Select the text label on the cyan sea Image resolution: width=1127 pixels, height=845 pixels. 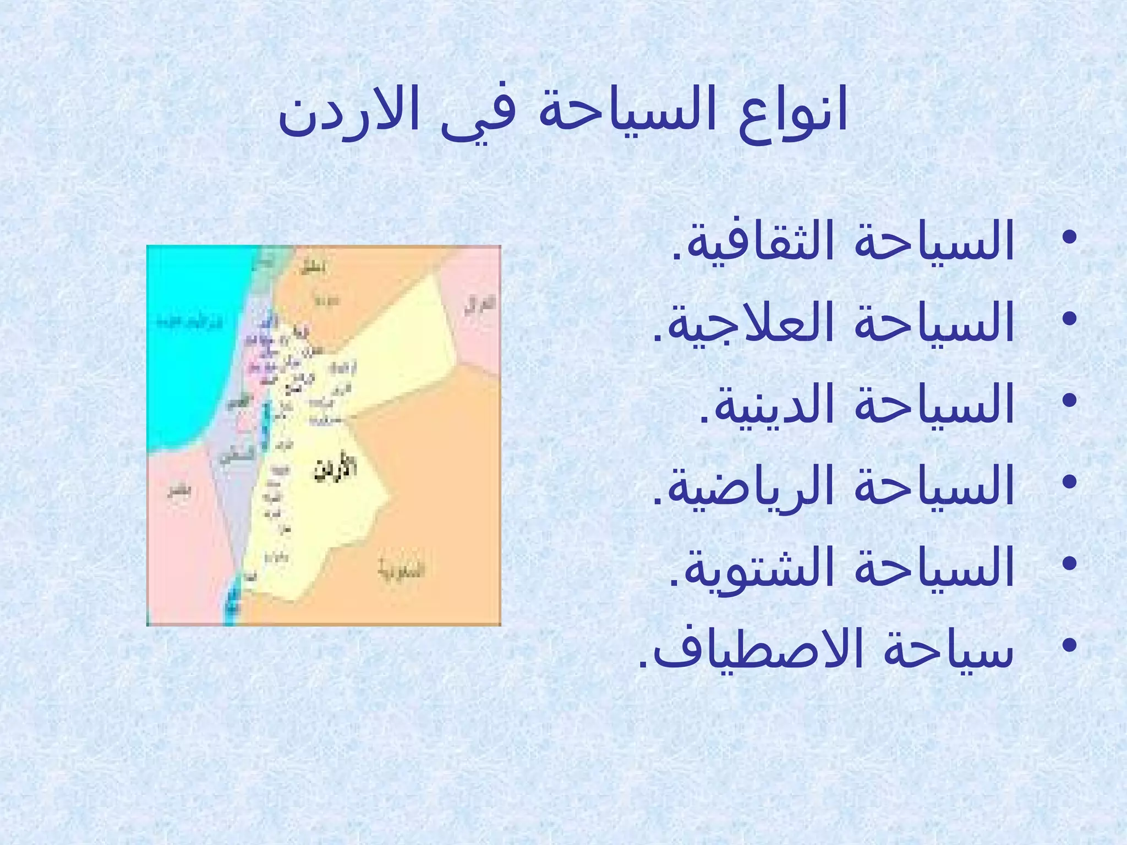point(190,321)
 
